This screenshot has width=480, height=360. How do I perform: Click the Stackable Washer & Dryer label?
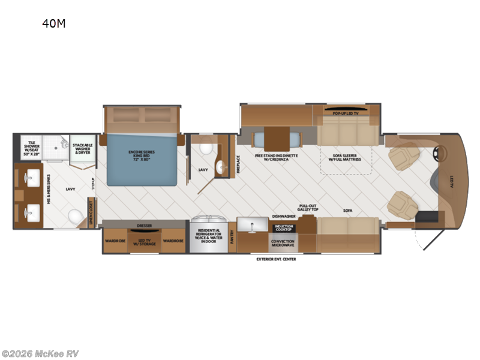tap(82, 149)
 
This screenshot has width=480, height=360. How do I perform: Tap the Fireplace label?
tap(238, 163)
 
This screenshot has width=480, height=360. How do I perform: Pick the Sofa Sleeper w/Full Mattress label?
tap(345, 158)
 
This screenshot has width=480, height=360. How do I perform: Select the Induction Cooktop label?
tap(283, 228)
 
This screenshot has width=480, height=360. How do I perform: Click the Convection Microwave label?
tap(283, 243)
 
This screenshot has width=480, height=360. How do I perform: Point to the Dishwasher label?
tap(283, 216)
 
